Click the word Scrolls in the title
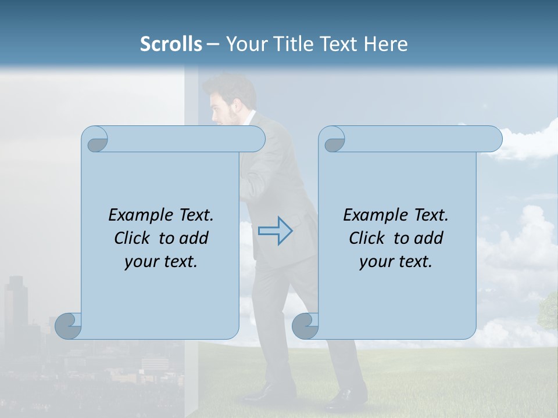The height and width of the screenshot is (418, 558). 171,44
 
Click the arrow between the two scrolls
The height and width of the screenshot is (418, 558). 276,231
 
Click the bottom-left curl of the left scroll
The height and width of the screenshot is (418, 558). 69,326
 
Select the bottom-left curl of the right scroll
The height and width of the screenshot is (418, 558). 306,326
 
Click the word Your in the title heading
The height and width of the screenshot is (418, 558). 244,44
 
